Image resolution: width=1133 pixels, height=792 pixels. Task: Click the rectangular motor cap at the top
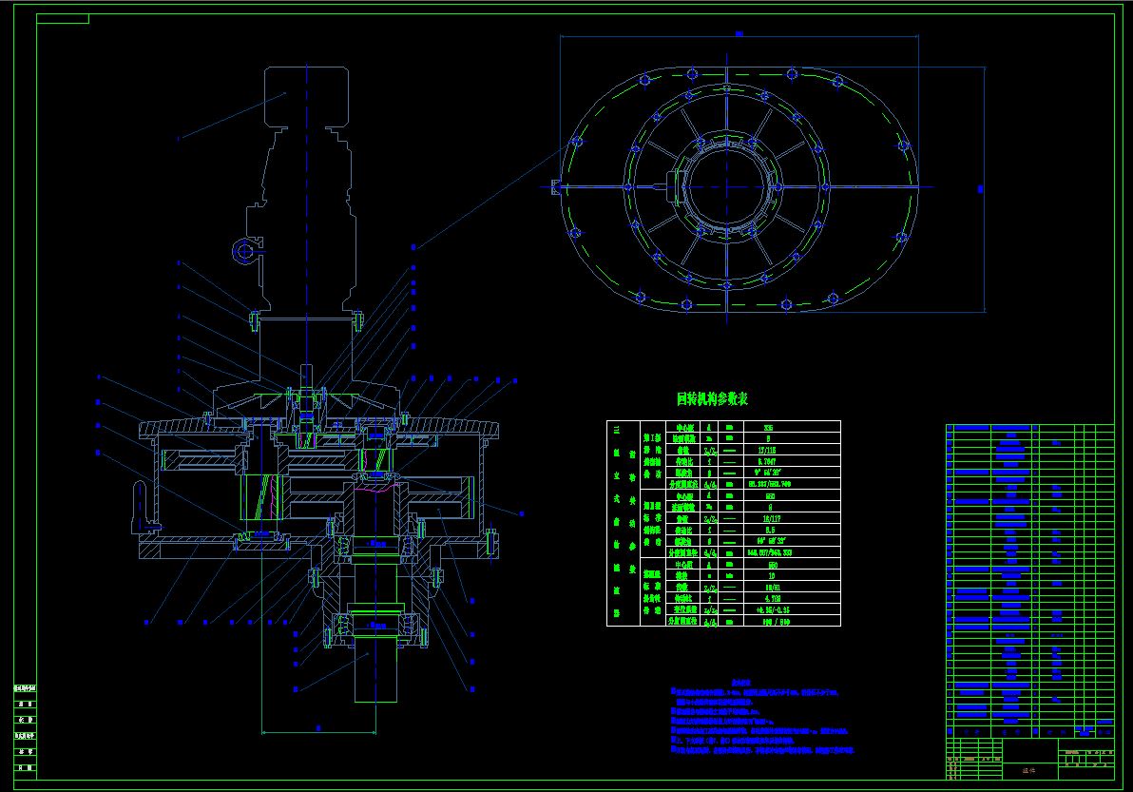point(308,95)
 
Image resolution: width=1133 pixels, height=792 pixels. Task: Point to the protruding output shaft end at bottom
point(375,675)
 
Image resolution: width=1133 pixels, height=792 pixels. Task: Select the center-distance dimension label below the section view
point(318,727)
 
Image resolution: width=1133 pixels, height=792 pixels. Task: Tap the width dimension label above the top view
point(739,34)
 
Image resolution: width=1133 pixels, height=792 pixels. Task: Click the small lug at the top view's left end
point(557,186)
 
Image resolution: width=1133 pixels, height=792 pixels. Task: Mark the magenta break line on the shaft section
point(376,491)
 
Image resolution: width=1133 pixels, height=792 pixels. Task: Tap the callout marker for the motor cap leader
point(178,139)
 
